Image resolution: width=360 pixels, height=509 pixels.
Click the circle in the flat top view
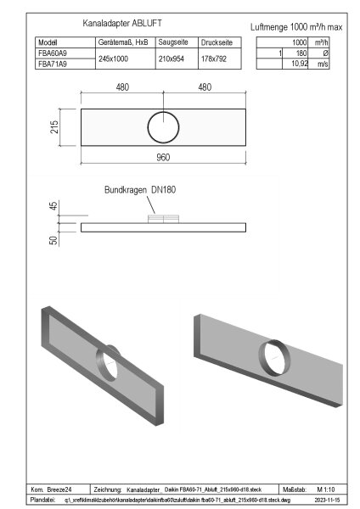click(x=162, y=128)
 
